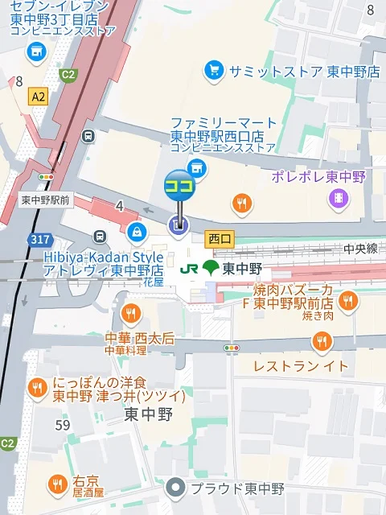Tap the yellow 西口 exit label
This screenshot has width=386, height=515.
coord(219,239)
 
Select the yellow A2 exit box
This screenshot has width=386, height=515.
coord(37,97)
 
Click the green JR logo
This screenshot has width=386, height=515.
coord(190,268)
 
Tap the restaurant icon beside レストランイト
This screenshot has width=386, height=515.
coord(322,343)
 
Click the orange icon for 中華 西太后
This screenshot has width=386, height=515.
coord(130,313)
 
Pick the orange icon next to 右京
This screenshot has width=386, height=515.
coord(56,484)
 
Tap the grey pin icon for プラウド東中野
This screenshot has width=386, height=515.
coord(175,488)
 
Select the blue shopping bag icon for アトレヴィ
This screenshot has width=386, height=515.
coord(138,233)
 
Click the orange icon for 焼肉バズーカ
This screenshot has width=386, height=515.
coord(347,301)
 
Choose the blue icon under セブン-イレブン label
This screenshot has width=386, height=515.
coord(35,52)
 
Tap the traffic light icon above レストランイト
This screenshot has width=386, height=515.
coord(232,348)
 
